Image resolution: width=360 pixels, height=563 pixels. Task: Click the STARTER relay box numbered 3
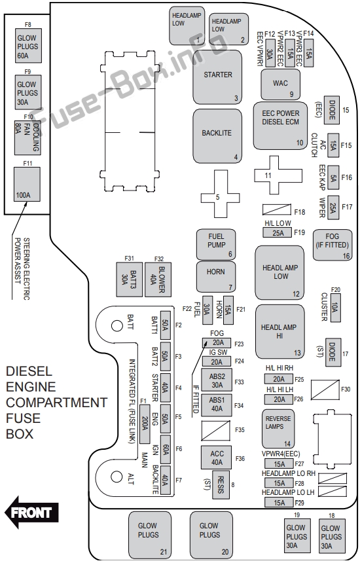pos(217,77)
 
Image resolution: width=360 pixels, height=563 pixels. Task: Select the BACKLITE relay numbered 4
pos(217,136)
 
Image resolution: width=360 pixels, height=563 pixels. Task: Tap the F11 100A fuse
pos(26,184)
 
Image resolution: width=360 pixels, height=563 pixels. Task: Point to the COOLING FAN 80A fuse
pos(27,137)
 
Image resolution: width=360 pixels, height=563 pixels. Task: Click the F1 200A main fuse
pos(145,424)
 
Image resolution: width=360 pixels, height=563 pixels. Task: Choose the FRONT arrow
pos(31,512)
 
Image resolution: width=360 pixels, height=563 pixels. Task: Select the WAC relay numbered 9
pos(280,84)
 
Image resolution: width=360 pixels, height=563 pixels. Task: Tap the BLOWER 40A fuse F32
pos(158,280)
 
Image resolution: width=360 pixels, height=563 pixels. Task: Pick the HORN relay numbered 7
pos(216,277)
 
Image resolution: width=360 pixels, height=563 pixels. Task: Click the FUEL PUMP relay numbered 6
pos(216,245)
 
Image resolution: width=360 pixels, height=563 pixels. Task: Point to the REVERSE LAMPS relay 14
pos(278,429)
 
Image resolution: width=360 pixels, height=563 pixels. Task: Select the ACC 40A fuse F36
pos(217,458)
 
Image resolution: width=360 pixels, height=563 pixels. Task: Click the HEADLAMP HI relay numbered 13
pos(280,332)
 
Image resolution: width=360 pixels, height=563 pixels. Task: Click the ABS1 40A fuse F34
pos(217,405)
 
